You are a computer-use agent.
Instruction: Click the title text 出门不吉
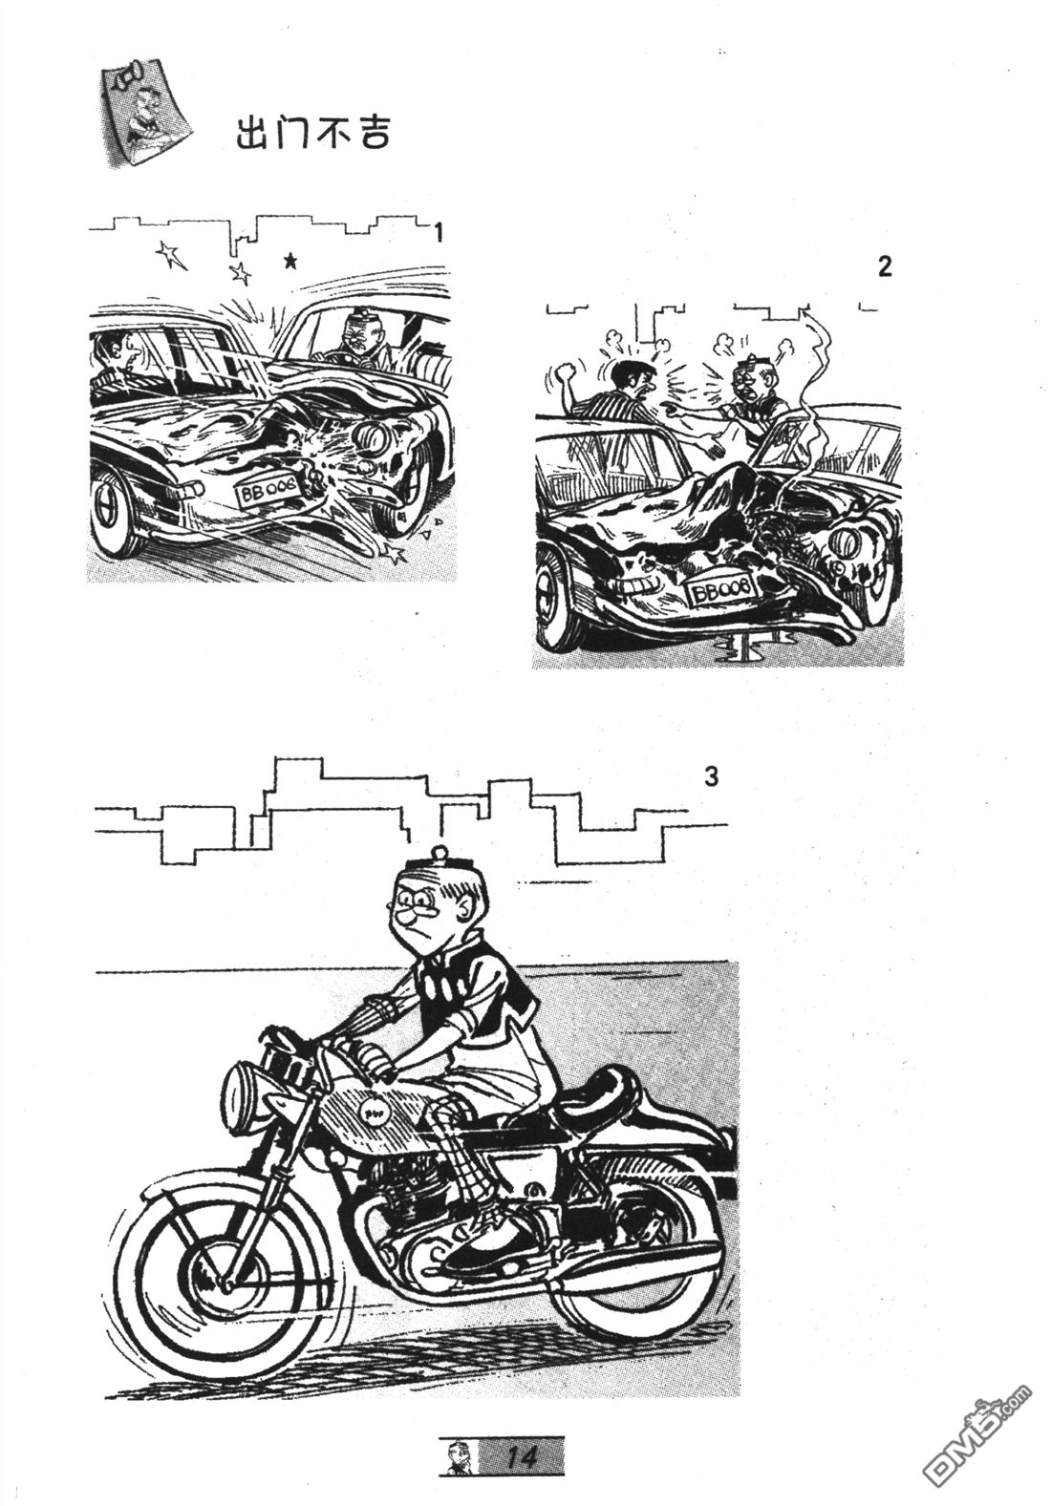point(312,133)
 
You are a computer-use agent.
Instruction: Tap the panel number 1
point(439,233)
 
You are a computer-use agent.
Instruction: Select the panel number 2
point(885,266)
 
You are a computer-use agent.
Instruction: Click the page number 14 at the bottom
point(522,1453)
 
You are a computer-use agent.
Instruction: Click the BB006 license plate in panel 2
point(720,592)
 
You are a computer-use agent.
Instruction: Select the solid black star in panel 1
point(290,260)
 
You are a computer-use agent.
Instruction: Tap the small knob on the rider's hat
point(441,850)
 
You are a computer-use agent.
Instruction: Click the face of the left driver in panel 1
point(123,354)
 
